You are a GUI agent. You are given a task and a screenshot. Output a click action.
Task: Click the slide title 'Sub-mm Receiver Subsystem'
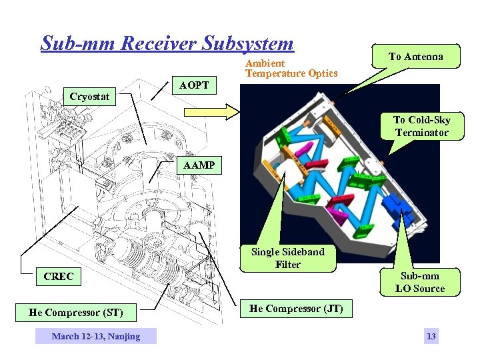[167, 43]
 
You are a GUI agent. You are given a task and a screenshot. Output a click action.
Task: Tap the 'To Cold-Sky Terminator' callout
[421, 126]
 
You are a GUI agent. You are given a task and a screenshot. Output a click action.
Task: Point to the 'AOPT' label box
[194, 85]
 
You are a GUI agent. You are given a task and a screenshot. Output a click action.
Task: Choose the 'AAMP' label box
[200, 165]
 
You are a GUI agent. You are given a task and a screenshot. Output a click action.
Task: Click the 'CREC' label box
[58, 276]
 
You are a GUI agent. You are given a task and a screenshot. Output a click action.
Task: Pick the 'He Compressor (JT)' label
[296, 309]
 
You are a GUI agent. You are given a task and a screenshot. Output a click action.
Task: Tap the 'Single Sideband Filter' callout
[287, 258]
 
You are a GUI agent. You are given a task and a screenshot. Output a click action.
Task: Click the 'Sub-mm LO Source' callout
[419, 282]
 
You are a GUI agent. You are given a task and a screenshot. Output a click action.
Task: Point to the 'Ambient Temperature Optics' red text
[291, 68]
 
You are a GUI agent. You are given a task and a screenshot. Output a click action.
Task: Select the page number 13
[431, 337]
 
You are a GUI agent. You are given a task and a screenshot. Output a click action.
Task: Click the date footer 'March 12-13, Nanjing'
[96, 337]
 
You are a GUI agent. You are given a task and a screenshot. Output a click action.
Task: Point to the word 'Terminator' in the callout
[421, 133]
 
